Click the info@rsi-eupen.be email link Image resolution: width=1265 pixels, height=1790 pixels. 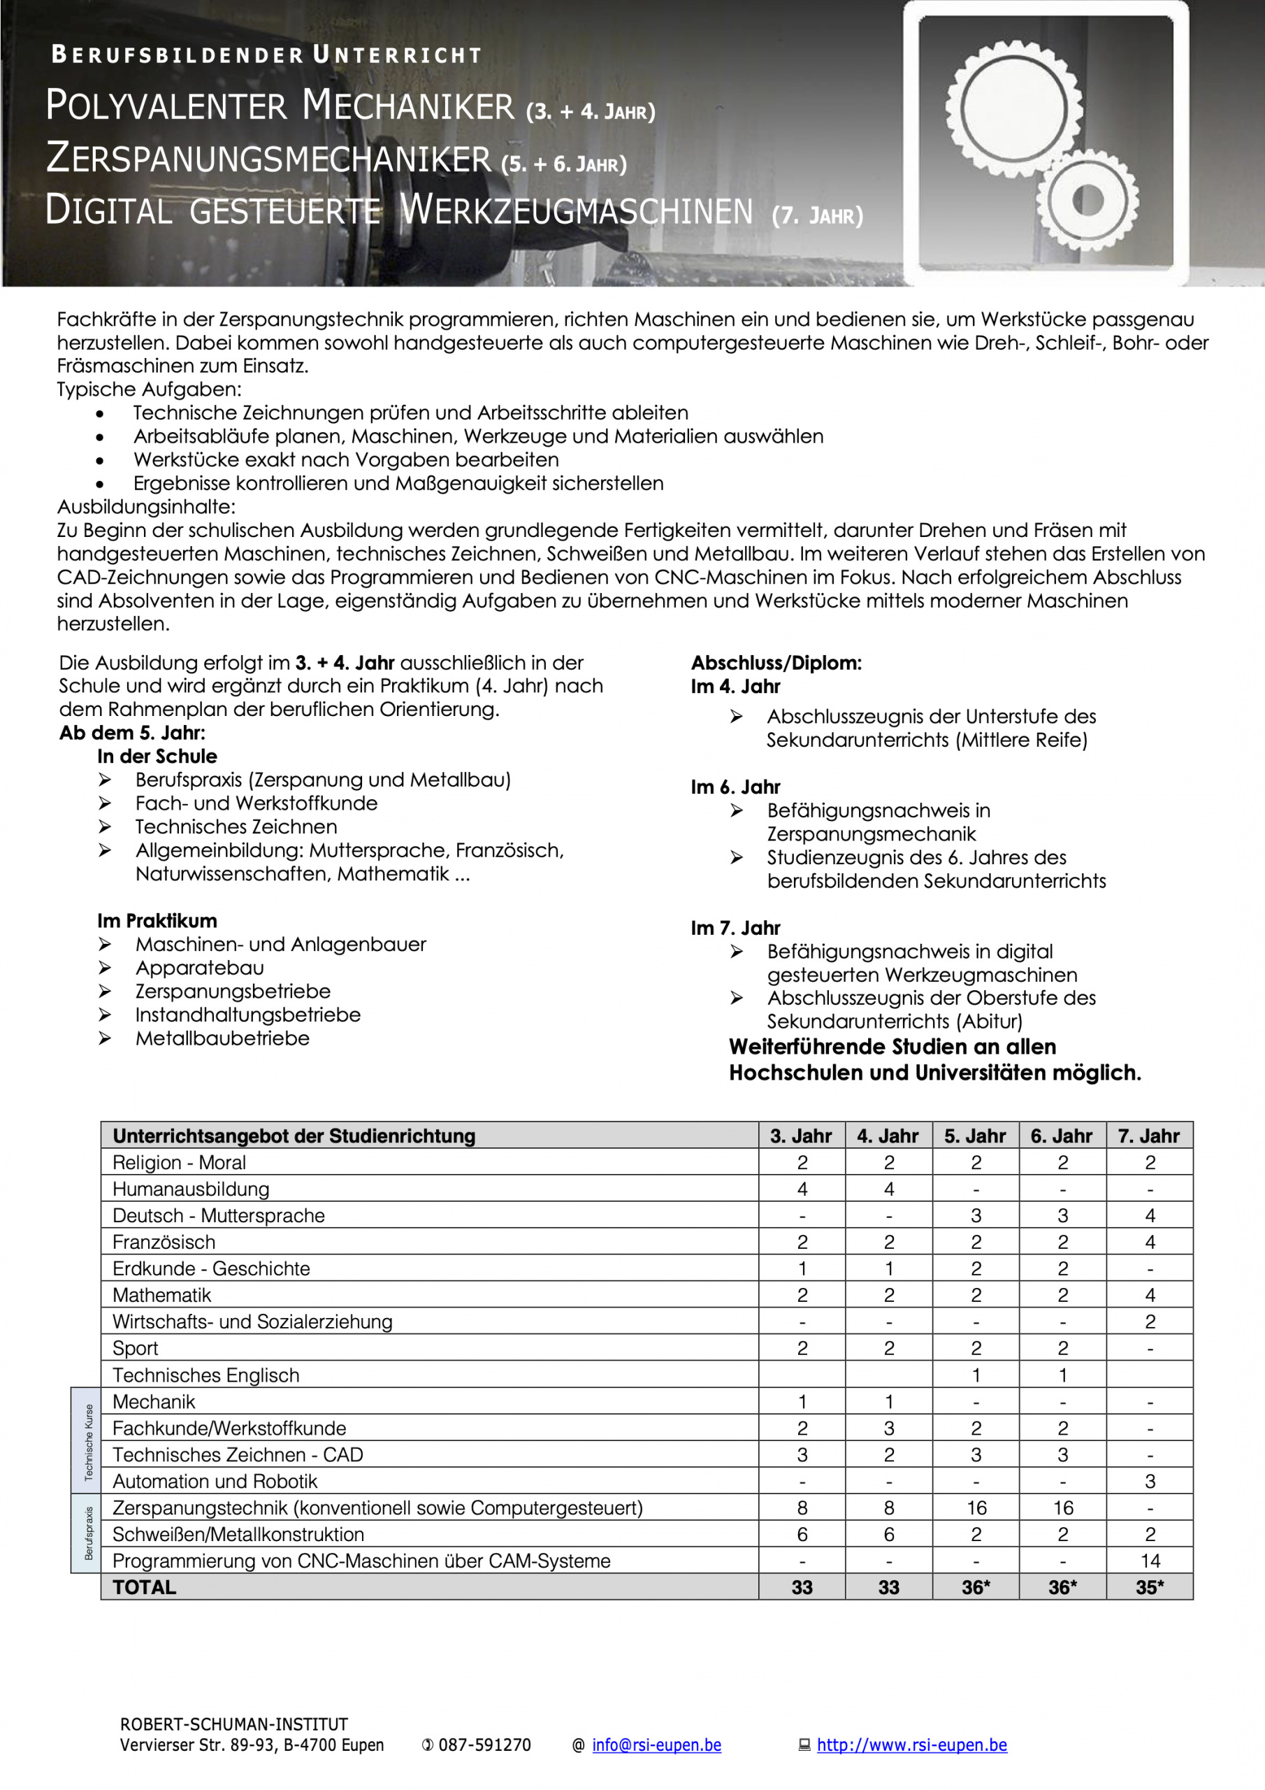click(656, 1745)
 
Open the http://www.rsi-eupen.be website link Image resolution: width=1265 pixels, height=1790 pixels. click(911, 1745)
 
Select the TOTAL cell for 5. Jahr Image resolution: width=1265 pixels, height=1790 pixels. click(975, 1587)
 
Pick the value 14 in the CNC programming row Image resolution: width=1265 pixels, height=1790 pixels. click(1150, 1561)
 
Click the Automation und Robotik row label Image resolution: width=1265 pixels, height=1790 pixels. click(215, 1481)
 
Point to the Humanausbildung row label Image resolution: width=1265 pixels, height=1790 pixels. click(191, 1189)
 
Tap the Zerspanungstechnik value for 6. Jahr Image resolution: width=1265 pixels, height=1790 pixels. click(1062, 1508)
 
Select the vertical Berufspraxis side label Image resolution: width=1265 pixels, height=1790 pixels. click(88, 1533)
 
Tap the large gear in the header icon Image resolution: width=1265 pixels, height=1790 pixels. click(1013, 109)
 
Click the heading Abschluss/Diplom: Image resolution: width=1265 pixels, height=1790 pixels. click(776, 664)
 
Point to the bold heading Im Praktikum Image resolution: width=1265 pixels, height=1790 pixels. click(157, 921)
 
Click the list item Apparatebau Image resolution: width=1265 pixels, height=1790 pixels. click(199, 968)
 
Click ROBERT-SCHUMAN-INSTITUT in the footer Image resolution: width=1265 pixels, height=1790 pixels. click(234, 1724)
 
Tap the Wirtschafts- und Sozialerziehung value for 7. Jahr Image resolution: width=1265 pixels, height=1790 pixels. click(1150, 1322)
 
